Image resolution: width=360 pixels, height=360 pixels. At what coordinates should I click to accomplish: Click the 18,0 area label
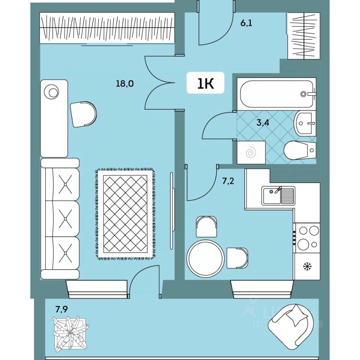click(x=125, y=84)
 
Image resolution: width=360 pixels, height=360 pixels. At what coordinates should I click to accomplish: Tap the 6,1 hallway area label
click(x=246, y=23)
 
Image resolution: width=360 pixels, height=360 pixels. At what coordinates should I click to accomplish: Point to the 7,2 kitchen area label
click(x=228, y=182)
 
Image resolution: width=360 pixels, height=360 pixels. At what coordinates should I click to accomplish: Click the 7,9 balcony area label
click(x=62, y=309)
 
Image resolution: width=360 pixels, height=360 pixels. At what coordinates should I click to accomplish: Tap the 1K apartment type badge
click(x=205, y=83)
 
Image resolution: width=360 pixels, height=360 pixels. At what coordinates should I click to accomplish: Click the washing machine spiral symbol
click(x=251, y=153)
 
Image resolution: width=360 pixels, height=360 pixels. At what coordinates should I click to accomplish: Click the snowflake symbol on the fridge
click(x=307, y=267)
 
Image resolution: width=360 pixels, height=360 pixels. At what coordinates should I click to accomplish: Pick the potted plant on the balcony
click(x=70, y=333)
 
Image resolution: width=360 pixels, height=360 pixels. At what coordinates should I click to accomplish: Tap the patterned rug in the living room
click(x=125, y=214)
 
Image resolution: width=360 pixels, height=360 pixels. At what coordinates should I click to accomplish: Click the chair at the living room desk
click(x=83, y=114)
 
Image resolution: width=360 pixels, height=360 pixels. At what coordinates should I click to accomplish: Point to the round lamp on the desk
click(x=51, y=91)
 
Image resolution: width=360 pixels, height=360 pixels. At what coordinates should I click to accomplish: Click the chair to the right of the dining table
click(x=237, y=258)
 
